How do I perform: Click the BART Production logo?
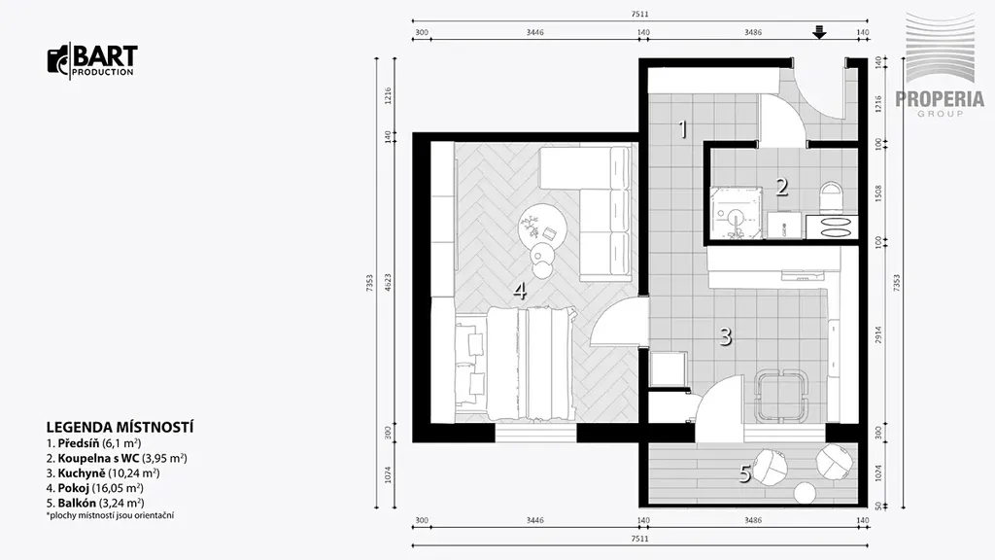coord(92,61)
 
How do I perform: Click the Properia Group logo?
coord(940,64)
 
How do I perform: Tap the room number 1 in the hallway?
coord(683,129)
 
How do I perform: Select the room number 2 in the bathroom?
coord(782,187)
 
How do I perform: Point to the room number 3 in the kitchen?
coord(725,335)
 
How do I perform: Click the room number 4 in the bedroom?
coord(520,291)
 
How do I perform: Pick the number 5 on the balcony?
coord(745,473)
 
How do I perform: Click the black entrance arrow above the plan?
coord(820,32)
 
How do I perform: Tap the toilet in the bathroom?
coord(830,196)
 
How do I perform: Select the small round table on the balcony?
coord(806,493)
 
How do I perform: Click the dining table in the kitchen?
coord(780,395)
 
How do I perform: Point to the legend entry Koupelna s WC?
coord(117,458)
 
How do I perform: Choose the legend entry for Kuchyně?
coord(103,473)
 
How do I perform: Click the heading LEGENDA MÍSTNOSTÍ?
coord(120,428)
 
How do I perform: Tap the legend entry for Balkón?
coord(95,504)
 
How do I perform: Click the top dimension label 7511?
coord(640,14)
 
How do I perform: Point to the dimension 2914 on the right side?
coord(878,335)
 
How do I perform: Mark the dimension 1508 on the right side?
coord(878,193)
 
